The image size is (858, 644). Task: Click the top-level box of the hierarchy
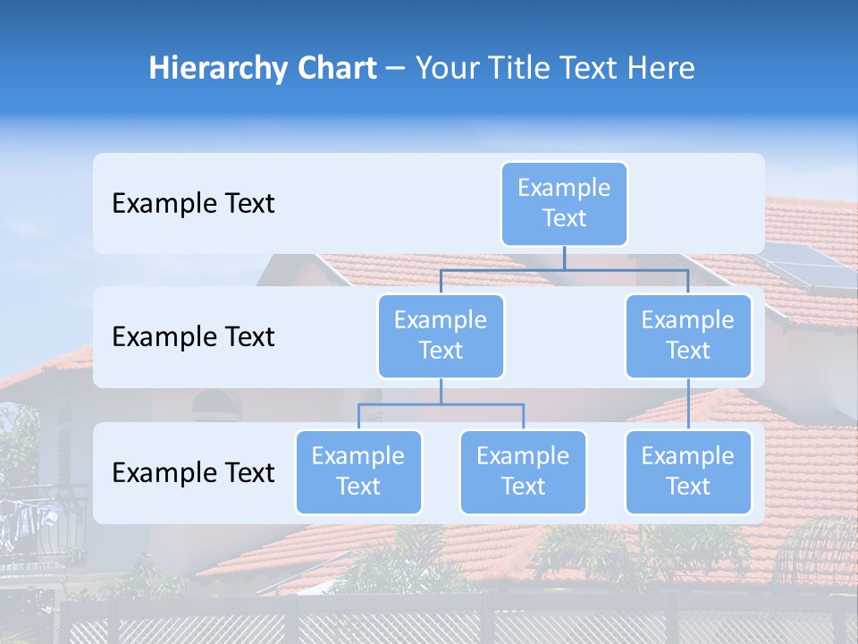(564, 204)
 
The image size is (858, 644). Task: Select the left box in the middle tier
(441, 336)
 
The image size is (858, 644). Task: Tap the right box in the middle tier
(688, 336)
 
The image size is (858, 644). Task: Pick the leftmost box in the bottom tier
(358, 472)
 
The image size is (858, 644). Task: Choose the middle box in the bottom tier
(523, 472)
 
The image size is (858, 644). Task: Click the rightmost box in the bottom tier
(688, 472)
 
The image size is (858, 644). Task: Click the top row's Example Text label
(193, 204)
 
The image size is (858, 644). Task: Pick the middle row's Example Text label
(193, 337)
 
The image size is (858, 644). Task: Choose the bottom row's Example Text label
(193, 473)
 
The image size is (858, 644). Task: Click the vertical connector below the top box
(564, 258)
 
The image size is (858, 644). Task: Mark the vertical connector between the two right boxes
(688, 404)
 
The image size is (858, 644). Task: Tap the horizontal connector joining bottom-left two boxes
(441, 404)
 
